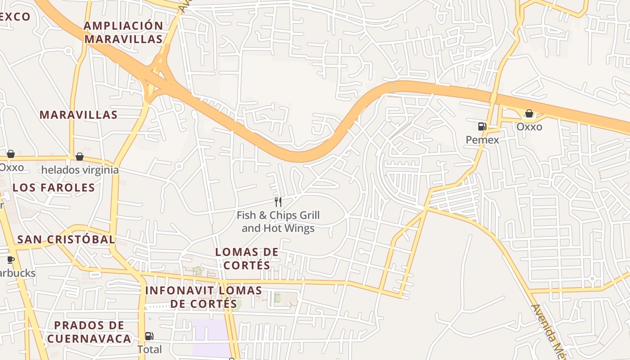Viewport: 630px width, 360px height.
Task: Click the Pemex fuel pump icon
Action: (482, 126)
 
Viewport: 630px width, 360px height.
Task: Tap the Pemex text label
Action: (482, 140)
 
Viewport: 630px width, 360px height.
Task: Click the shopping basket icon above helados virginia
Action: (80, 157)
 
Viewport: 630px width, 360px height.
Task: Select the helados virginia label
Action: (80, 170)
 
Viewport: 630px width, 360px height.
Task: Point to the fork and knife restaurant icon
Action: (278, 202)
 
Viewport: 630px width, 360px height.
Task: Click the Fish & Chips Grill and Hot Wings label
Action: (278, 222)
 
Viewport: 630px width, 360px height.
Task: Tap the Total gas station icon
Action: (149, 336)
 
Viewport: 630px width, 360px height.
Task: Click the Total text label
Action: (149, 349)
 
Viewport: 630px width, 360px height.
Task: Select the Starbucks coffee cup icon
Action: (11, 260)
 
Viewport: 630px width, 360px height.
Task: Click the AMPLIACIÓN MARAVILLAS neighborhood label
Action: (123, 32)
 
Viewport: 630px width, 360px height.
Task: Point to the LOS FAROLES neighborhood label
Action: (54, 188)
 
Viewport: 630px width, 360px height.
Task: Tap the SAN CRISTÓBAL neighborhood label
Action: (66, 239)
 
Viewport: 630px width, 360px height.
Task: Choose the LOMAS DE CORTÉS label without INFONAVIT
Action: (247, 259)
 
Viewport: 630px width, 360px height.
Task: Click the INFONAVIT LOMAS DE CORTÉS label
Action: (203, 297)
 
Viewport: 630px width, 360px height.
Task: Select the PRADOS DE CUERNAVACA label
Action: (89, 332)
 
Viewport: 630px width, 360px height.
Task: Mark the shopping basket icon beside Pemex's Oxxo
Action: (529, 113)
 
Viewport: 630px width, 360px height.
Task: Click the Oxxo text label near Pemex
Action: (529, 127)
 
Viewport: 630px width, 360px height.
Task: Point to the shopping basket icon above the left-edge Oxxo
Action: (11, 154)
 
